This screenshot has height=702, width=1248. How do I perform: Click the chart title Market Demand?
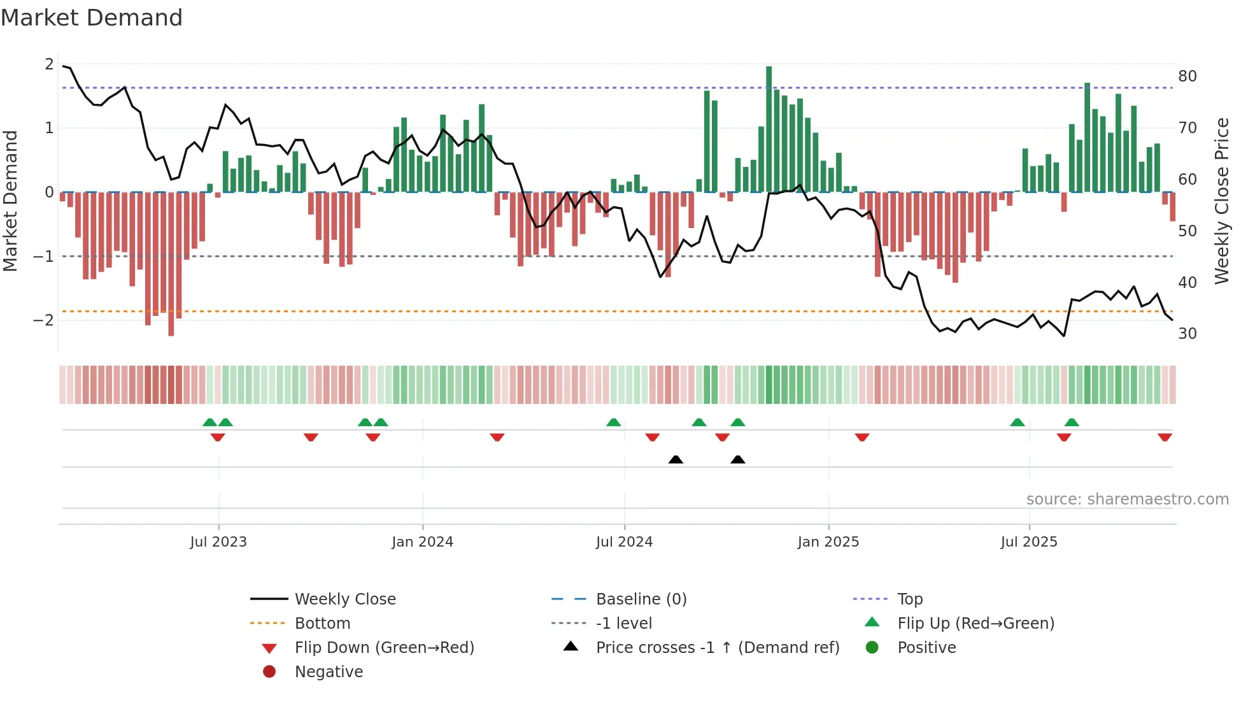(x=92, y=18)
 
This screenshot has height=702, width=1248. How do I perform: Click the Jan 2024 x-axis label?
(x=422, y=542)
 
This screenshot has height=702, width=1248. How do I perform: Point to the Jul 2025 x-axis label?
(x=1029, y=542)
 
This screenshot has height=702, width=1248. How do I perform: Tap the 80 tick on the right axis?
(x=1188, y=76)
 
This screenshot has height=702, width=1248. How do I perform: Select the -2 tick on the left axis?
(x=44, y=320)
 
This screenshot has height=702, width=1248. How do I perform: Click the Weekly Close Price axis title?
(x=1221, y=201)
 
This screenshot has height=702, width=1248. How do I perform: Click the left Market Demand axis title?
(x=10, y=201)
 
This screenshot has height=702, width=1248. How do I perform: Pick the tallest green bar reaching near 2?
(x=769, y=127)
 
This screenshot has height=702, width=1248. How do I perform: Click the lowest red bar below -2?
(x=171, y=264)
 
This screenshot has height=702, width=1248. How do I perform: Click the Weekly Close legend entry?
(x=344, y=599)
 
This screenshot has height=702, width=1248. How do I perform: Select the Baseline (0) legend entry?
(x=641, y=599)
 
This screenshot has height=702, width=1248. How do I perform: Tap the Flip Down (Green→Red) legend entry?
(x=384, y=648)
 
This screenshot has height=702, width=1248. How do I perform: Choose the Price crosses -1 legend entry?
(x=717, y=648)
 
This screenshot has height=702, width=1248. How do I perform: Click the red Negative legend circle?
(x=269, y=672)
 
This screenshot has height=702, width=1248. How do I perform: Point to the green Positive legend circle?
(x=872, y=648)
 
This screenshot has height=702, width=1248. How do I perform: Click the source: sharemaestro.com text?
(x=1127, y=499)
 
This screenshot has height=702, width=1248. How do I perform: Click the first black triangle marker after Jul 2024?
(x=676, y=459)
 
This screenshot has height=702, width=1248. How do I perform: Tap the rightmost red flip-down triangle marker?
(x=1165, y=438)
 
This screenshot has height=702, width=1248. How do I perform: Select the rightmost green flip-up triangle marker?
(x=1072, y=422)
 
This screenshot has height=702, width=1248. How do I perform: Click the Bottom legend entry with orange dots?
(x=322, y=624)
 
